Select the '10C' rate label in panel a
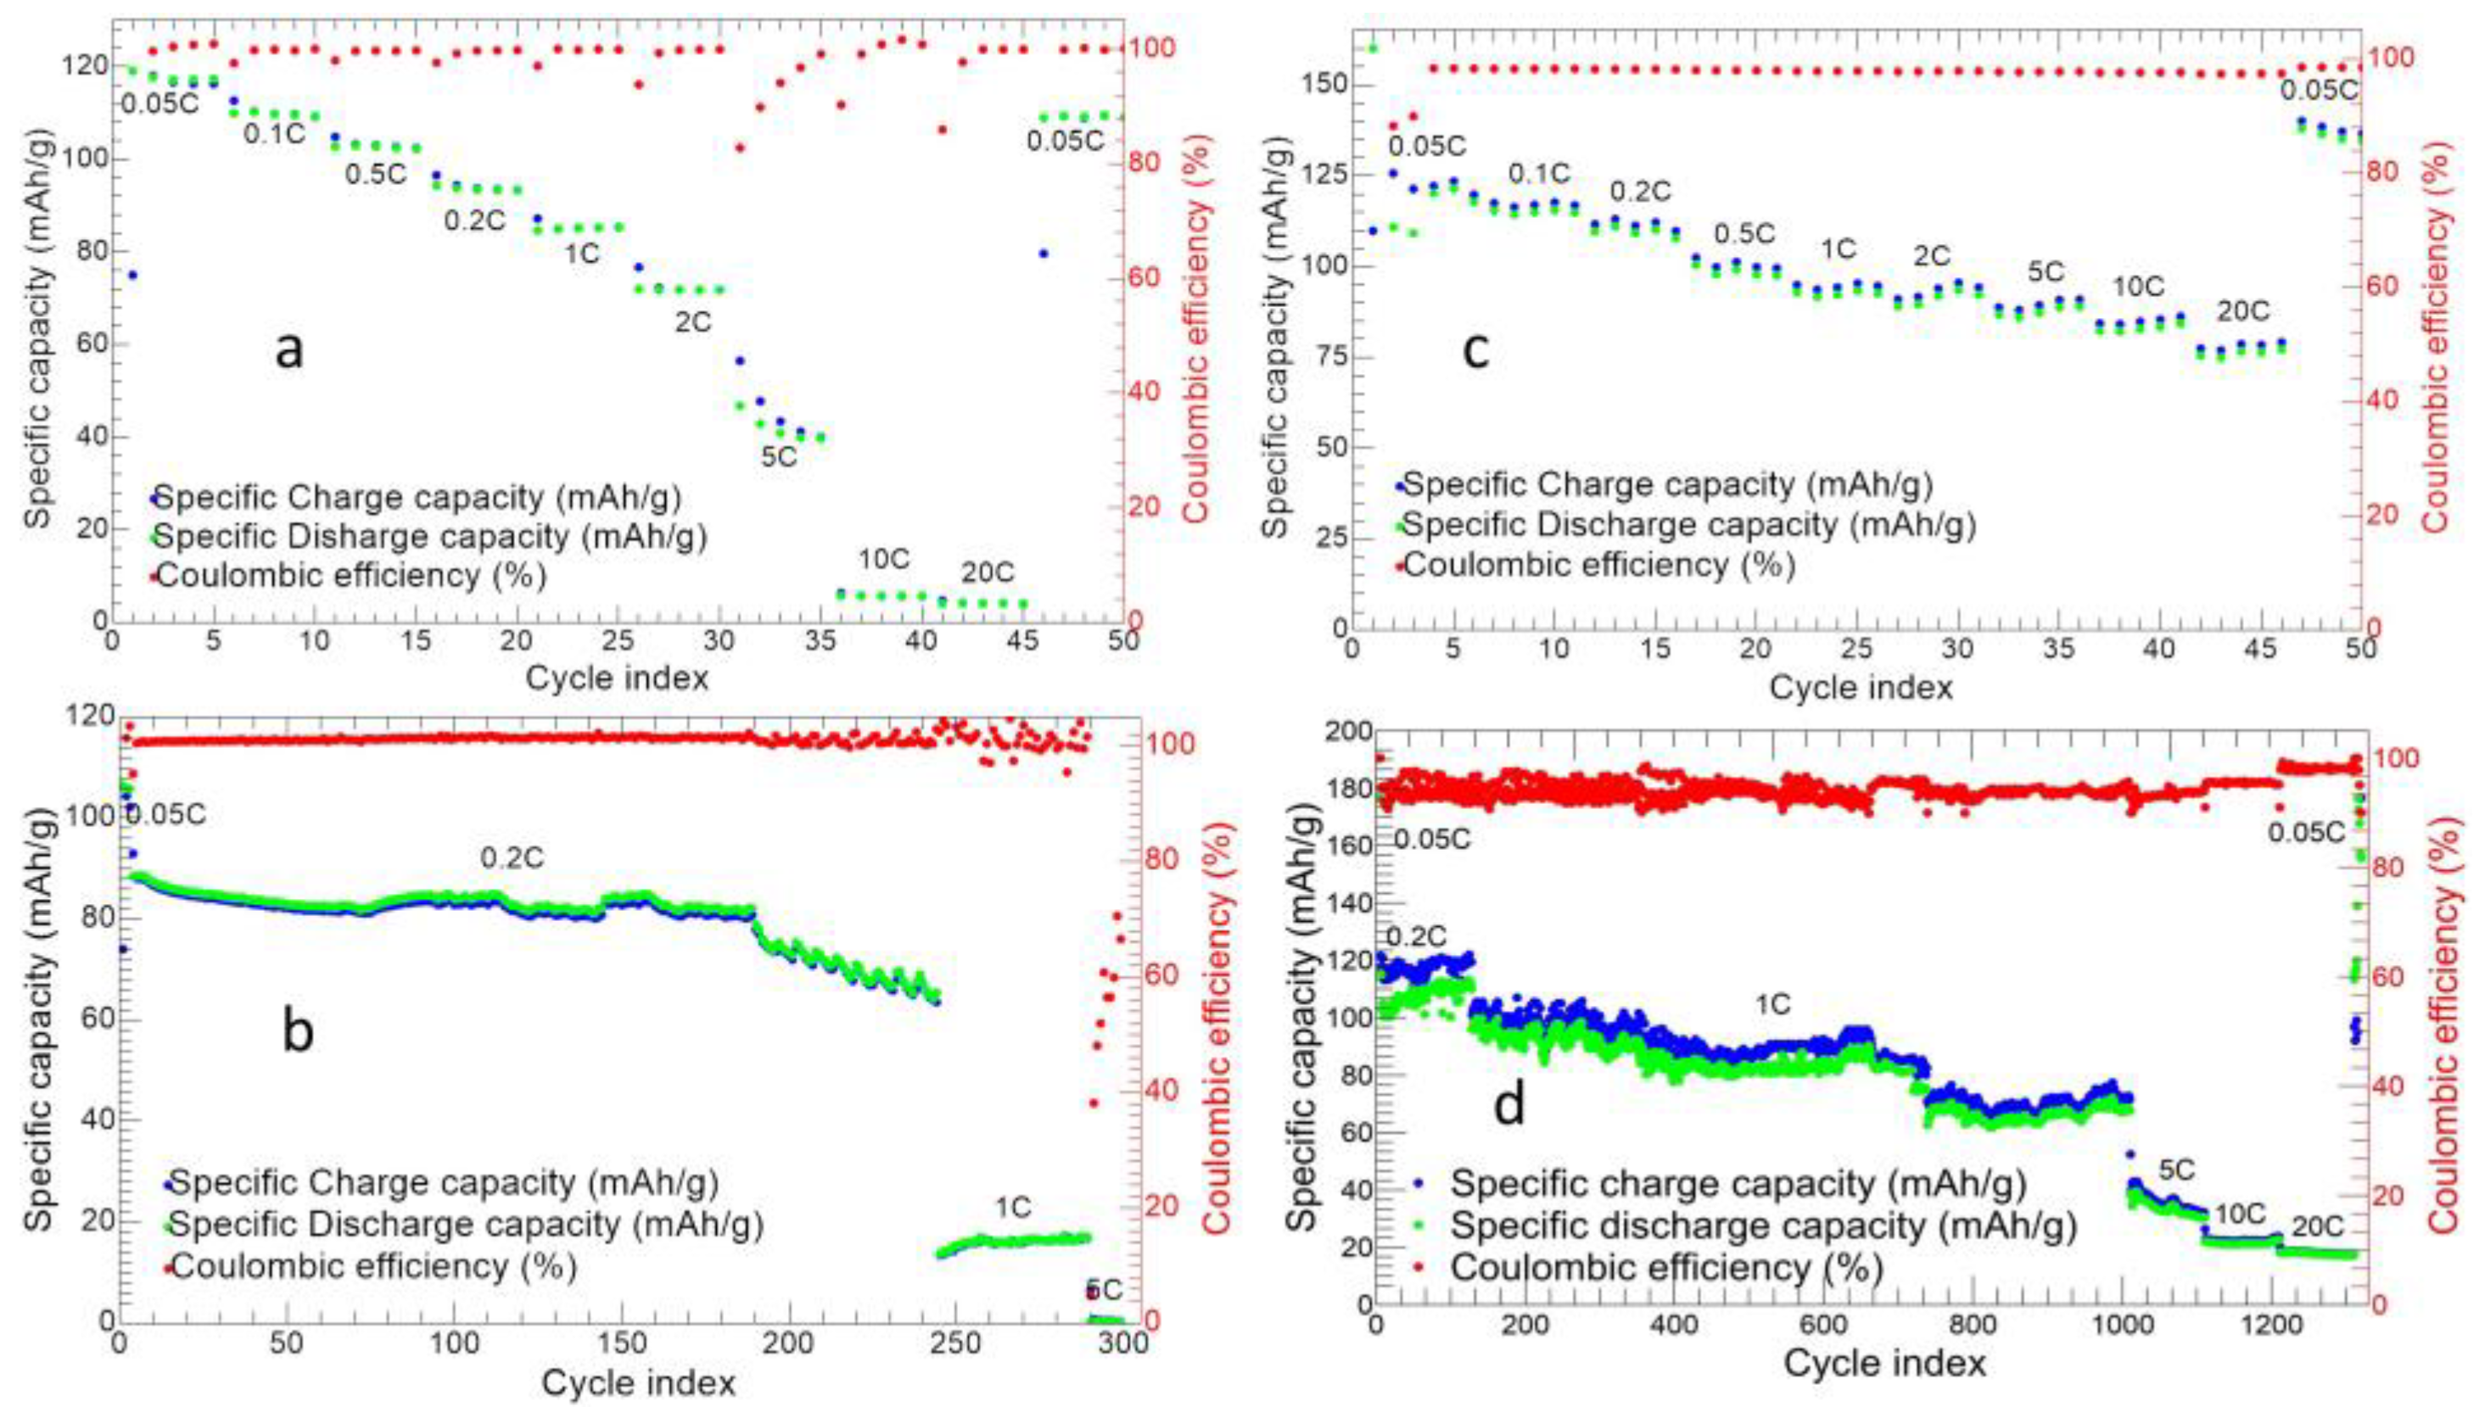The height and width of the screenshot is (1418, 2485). coord(883,560)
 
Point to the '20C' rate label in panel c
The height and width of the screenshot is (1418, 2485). coord(2243,311)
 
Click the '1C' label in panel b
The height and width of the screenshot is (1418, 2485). coord(1012,1209)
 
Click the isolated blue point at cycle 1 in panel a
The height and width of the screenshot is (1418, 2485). coord(132,276)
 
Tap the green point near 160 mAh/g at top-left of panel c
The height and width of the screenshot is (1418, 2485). coord(1374,47)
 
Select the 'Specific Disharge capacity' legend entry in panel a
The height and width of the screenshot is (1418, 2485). coord(429,537)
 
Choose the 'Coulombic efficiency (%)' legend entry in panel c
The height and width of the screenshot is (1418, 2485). coord(1598,565)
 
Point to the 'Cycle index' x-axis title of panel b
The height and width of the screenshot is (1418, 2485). coord(638,1383)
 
